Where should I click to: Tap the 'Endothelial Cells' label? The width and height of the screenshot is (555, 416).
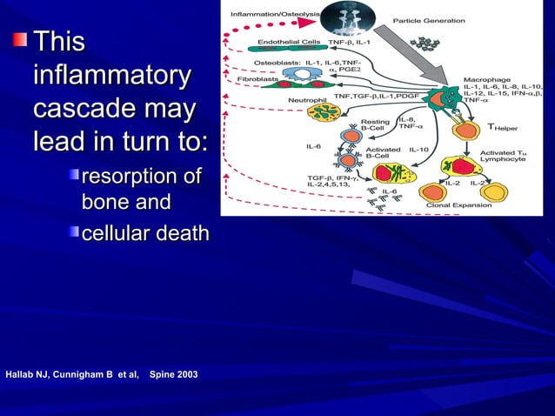(x=289, y=41)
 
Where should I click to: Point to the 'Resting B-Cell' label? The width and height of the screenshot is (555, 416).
(x=376, y=124)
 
